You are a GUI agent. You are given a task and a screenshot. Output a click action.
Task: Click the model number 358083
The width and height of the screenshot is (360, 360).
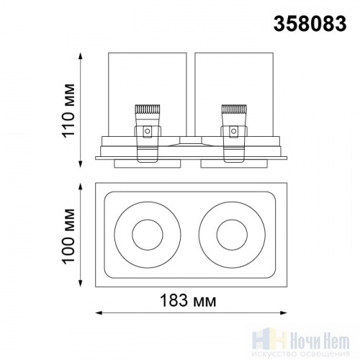(310, 24)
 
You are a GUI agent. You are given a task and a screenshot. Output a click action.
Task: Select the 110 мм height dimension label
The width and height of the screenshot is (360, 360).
(69, 111)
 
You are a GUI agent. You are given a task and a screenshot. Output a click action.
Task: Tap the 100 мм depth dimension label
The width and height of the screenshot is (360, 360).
(69, 236)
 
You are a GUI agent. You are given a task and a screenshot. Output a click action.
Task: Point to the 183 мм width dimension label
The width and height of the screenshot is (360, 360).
(188, 300)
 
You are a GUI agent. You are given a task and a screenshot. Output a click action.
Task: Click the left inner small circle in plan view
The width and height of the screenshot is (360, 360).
(132, 235)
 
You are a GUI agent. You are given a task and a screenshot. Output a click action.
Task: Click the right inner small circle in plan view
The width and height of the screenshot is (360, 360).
(217, 235)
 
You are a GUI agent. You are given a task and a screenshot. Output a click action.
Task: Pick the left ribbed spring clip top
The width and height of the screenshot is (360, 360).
(148, 109)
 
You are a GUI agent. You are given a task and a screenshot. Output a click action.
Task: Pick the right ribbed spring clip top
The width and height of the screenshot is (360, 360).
(234, 109)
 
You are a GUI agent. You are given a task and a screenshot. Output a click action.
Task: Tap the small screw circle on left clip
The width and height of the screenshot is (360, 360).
(148, 131)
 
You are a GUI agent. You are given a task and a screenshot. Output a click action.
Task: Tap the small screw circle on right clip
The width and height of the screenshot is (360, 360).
(233, 131)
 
